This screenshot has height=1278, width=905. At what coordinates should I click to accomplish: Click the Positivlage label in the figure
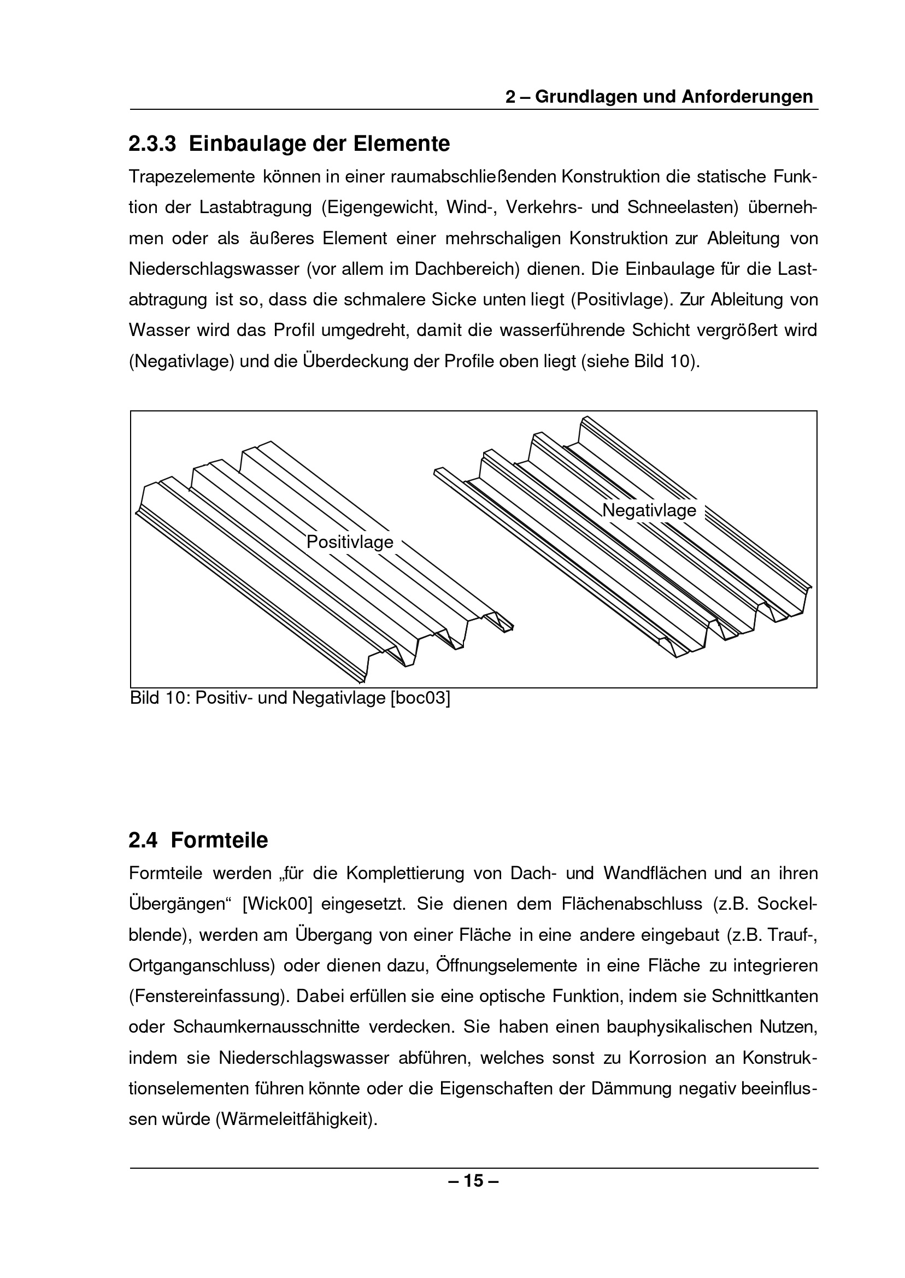350,542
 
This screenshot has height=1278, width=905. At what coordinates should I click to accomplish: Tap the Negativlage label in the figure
649,510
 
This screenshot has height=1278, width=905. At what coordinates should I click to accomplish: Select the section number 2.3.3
152,144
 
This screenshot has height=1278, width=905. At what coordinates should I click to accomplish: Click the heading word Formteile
220,840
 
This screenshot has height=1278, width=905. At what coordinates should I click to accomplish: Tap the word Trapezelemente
192,177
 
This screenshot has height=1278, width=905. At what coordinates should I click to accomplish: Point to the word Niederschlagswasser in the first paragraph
214,269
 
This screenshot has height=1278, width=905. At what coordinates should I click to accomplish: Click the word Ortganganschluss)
202,965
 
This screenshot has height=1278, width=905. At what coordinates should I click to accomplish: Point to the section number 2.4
143,840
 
